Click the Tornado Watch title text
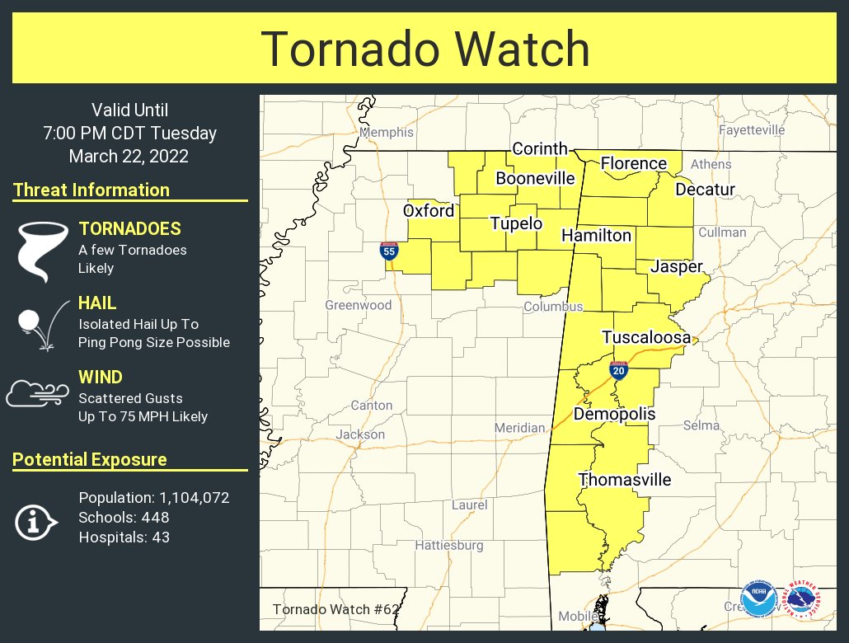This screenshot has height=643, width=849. pyautogui.click(x=425, y=49)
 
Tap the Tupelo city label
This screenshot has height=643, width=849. pyautogui.click(x=516, y=223)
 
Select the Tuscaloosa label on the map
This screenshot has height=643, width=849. pyautogui.click(x=646, y=337)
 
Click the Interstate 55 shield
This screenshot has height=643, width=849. pyautogui.click(x=389, y=251)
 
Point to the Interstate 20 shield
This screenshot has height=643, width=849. pyautogui.click(x=619, y=370)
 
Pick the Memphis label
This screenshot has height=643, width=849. pyautogui.click(x=387, y=132)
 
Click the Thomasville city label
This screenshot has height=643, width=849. pyautogui.click(x=625, y=480)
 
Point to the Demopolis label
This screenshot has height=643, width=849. pyautogui.click(x=614, y=413)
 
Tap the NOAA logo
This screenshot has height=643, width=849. pyautogui.click(x=758, y=599)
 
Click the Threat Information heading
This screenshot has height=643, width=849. pyautogui.click(x=91, y=190)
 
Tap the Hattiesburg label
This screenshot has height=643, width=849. pyautogui.click(x=448, y=545)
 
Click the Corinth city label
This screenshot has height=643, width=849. pyautogui.click(x=540, y=148)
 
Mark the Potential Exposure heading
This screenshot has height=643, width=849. pyautogui.click(x=90, y=459)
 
